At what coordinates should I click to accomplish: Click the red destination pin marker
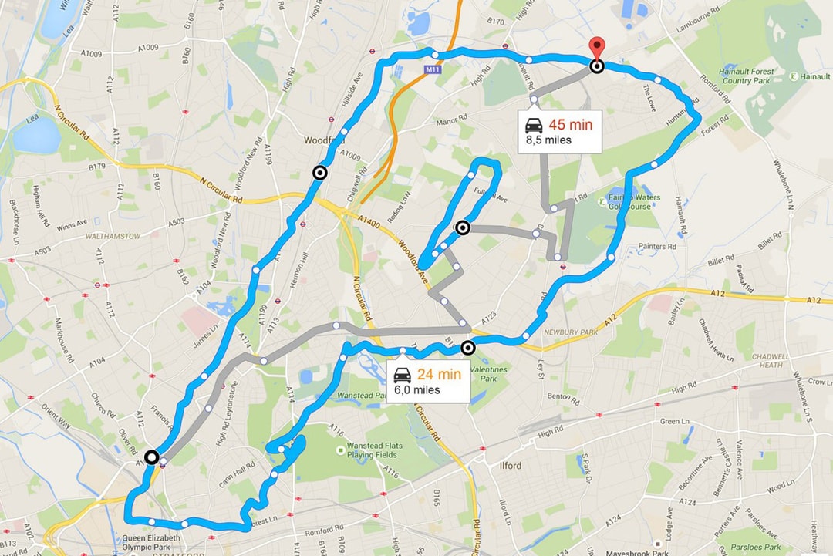click(597, 47)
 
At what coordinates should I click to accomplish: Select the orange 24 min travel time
click(439, 375)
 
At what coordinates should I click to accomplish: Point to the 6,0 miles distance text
click(417, 390)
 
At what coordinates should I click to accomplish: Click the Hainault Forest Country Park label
click(747, 76)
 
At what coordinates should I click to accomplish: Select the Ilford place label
click(510, 466)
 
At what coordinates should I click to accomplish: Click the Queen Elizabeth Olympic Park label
click(152, 543)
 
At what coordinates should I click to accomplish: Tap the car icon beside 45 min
click(533, 126)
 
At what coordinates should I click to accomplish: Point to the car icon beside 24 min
click(402, 376)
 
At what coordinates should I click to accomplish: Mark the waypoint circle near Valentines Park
click(467, 348)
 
